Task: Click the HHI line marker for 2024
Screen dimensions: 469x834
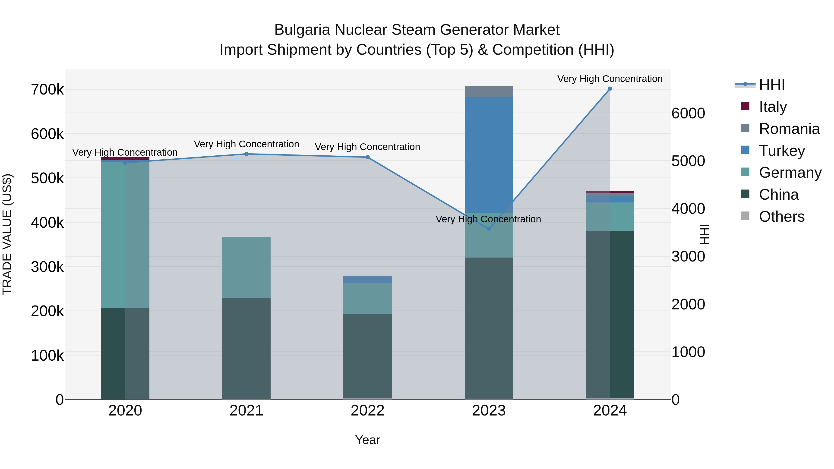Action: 610,89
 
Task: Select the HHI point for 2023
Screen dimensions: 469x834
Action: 489,229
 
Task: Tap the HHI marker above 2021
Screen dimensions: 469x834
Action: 246,154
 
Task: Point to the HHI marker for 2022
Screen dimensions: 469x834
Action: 367,157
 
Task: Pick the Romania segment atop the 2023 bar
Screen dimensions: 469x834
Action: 489,91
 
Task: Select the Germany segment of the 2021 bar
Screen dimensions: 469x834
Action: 246,267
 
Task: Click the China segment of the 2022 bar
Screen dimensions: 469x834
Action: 367,356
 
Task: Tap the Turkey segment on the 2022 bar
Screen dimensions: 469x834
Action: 367,279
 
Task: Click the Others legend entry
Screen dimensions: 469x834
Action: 782,216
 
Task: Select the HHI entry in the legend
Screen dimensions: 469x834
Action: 772,85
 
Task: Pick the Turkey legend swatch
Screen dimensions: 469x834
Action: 745,150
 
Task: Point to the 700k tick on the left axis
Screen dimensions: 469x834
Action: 47,90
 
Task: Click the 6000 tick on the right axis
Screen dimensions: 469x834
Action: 688,113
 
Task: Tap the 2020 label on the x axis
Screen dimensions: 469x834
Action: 125,410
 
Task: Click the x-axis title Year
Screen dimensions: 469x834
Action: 367,440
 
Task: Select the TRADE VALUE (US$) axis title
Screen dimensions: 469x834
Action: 7,234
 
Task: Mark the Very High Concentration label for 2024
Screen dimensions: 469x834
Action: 610,79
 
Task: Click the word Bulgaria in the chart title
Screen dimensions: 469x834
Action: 303,30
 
